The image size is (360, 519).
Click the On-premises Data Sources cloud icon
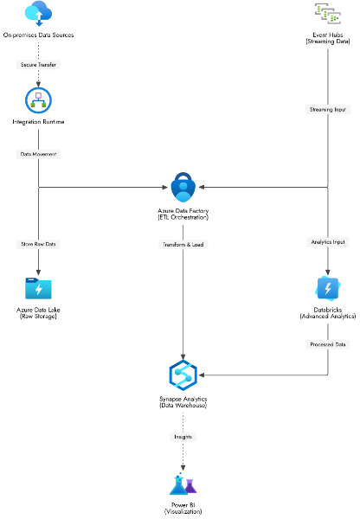[38, 13]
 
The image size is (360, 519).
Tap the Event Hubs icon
[328, 14]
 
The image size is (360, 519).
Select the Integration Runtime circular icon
[38, 100]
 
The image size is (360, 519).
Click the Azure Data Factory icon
[183, 187]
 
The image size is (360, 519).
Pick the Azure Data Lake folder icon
[38, 288]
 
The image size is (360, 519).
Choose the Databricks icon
[328, 288]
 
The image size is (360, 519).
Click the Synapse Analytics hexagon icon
[183, 375]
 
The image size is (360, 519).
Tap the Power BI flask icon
[183, 484]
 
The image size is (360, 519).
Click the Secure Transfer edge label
[38, 65]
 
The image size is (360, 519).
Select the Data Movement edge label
[38, 154]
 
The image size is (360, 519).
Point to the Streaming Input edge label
[328, 110]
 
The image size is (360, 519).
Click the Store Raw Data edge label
[38, 244]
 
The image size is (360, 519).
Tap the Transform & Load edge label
[183, 245]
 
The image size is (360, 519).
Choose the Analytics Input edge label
[328, 242]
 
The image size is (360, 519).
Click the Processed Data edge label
[328, 344]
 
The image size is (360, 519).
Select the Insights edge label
[183, 437]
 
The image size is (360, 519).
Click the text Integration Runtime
[38, 122]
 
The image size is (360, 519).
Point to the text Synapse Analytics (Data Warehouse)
[183, 402]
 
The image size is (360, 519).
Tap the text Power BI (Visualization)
[183, 509]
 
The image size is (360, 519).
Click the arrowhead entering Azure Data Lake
[38, 272]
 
